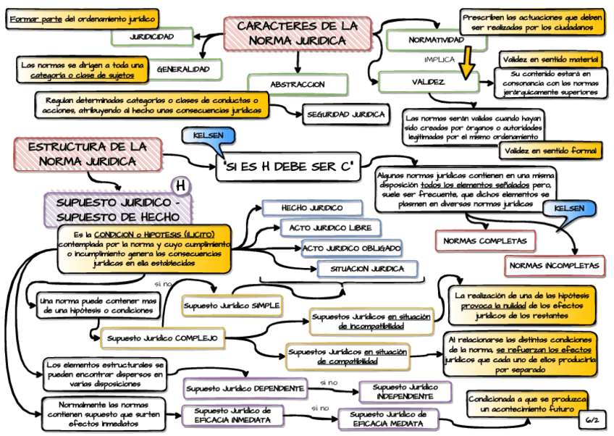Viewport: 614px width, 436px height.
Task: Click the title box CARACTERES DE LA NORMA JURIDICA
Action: pyautogui.click(x=297, y=34)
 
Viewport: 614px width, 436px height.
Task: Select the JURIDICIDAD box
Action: pyautogui.click(x=151, y=36)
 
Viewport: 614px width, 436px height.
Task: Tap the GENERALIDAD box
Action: pyautogui.click(x=182, y=70)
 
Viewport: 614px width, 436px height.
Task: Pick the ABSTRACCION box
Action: pyautogui.click(x=298, y=85)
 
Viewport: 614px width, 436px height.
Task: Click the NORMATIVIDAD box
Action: pyautogui.click(x=436, y=40)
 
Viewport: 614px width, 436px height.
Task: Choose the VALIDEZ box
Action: pyautogui.click(x=428, y=82)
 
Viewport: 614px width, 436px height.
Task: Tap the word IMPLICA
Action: pyautogui.click(x=440, y=59)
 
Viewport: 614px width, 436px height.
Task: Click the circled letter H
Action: pyautogui.click(x=180, y=186)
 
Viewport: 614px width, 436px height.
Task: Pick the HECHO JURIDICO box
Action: pyautogui.click(x=312, y=208)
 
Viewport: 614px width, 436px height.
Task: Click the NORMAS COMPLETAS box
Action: pyautogui.click(x=485, y=241)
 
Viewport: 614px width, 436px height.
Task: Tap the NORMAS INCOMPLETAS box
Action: pyautogui.click(x=555, y=266)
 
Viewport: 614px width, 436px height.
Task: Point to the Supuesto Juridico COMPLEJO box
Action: pyautogui.click(x=163, y=338)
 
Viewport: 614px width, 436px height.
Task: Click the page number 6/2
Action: pyautogui.click(x=592, y=419)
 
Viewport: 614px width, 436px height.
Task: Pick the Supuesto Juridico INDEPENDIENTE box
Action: pyautogui.click(x=405, y=393)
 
